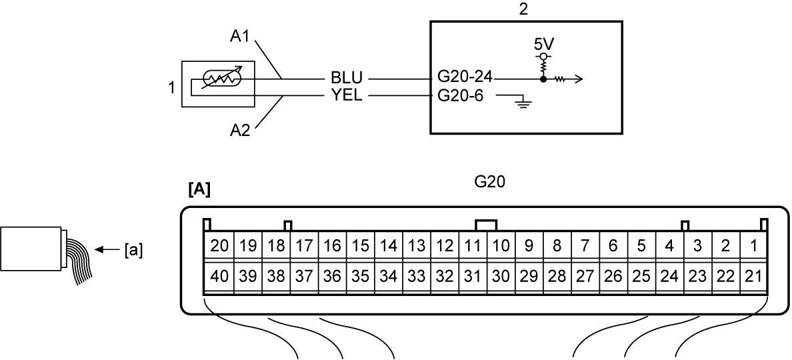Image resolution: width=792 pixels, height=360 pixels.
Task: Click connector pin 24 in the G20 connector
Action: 669,277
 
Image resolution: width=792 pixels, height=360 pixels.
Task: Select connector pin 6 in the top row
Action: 613,247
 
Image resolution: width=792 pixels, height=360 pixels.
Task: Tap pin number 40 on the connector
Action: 219,277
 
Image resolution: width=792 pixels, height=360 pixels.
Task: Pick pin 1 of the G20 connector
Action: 754,247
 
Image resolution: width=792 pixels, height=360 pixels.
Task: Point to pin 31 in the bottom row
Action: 472,277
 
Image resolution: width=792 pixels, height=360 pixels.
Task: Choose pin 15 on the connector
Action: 360,247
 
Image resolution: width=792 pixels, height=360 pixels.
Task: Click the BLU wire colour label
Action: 347,79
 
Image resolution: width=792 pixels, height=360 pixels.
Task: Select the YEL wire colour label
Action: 347,95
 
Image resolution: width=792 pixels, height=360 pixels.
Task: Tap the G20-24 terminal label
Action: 465,78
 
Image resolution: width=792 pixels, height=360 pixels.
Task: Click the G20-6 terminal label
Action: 460,95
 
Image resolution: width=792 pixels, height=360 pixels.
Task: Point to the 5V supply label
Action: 543,44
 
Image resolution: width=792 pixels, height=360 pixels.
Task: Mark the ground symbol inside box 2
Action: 522,105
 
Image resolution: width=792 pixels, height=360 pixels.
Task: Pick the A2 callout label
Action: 241,131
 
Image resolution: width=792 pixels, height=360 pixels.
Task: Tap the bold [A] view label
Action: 199,189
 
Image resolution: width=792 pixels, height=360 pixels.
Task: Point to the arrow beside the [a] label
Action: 107,249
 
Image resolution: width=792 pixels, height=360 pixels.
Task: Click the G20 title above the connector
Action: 490,183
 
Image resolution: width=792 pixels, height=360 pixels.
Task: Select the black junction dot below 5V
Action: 543,79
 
